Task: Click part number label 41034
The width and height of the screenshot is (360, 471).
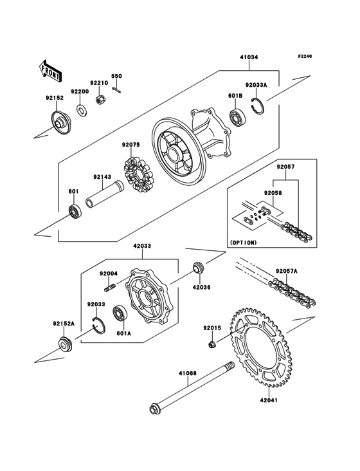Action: (249, 57)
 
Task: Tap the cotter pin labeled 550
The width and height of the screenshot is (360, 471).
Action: (117, 90)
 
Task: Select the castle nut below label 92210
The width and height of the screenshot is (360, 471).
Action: (100, 100)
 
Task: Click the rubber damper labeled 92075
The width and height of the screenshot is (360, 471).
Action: (139, 175)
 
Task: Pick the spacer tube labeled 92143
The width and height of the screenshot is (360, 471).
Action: (104, 194)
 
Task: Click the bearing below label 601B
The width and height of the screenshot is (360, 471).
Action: (238, 118)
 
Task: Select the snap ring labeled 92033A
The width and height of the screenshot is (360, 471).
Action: (258, 106)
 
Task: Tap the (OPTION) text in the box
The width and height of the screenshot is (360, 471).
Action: (243, 243)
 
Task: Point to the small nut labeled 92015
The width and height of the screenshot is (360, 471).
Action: (212, 344)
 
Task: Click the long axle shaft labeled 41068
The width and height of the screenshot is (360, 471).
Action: (192, 389)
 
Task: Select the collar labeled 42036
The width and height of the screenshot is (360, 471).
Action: (197, 267)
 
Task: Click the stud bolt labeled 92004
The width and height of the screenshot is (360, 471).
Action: (111, 287)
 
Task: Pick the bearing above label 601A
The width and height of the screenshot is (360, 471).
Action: (120, 313)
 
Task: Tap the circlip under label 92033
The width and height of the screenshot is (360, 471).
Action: (99, 325)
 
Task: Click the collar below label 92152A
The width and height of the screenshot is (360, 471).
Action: (65, 345)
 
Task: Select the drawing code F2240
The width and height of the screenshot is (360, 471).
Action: (305, 56)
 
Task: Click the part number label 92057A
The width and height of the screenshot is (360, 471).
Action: (287, 272)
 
